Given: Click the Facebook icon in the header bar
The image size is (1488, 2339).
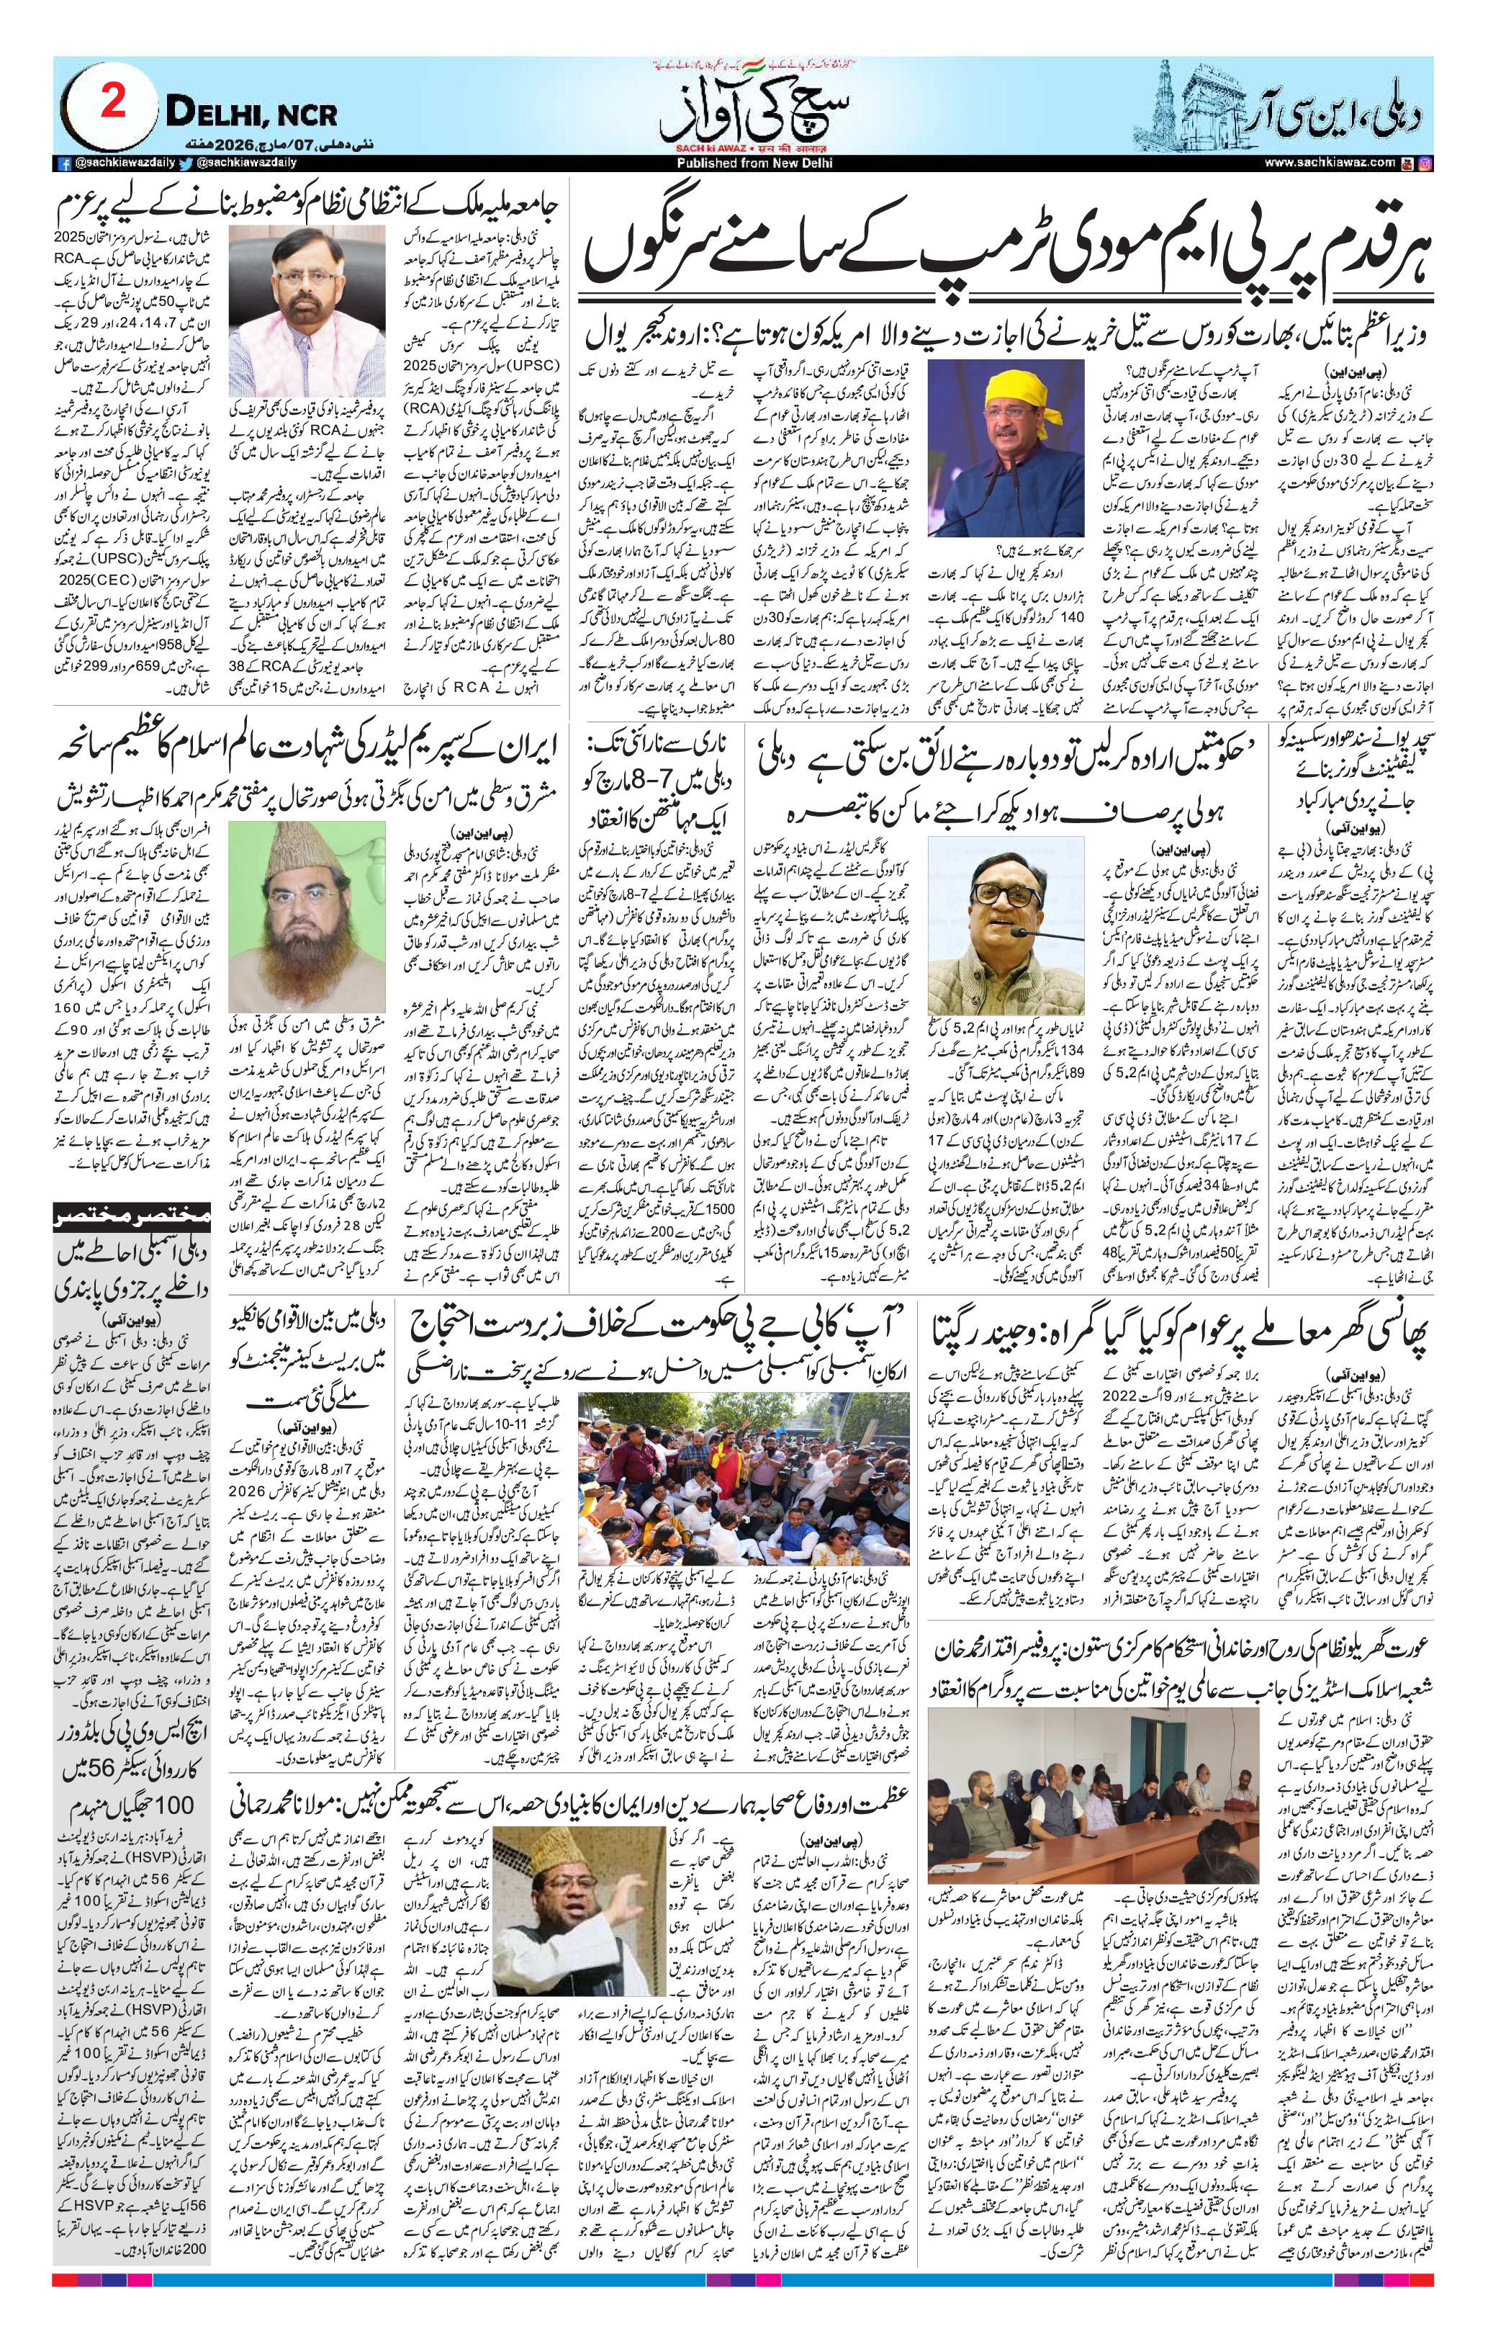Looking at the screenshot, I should (64, 164).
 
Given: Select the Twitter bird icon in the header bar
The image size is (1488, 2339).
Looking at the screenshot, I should (186, 164).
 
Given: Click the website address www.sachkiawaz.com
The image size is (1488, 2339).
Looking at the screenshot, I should (1330, 163).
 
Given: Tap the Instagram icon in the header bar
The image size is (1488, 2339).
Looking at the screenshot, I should (1424, 163).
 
